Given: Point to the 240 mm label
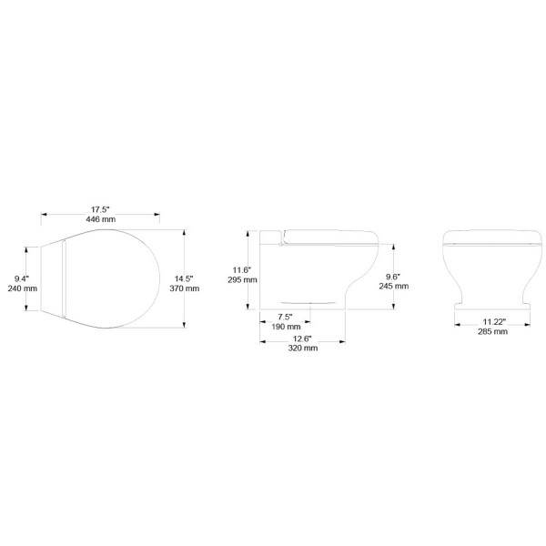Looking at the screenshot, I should point(24,288).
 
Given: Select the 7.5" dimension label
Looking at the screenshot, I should point(286,316).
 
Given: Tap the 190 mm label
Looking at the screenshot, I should point(286,326).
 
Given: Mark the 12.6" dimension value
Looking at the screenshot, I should point(304,338).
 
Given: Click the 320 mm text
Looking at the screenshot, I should point(304,348).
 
